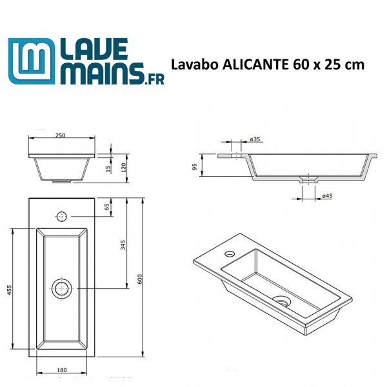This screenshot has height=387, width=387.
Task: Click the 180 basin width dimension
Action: [62, 370]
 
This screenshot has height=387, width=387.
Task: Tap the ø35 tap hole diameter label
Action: [255, 139]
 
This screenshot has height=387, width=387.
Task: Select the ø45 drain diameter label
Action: [326, 195]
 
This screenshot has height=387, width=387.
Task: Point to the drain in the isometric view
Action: [282, 300]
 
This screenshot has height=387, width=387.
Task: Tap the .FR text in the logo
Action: [153, 78]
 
